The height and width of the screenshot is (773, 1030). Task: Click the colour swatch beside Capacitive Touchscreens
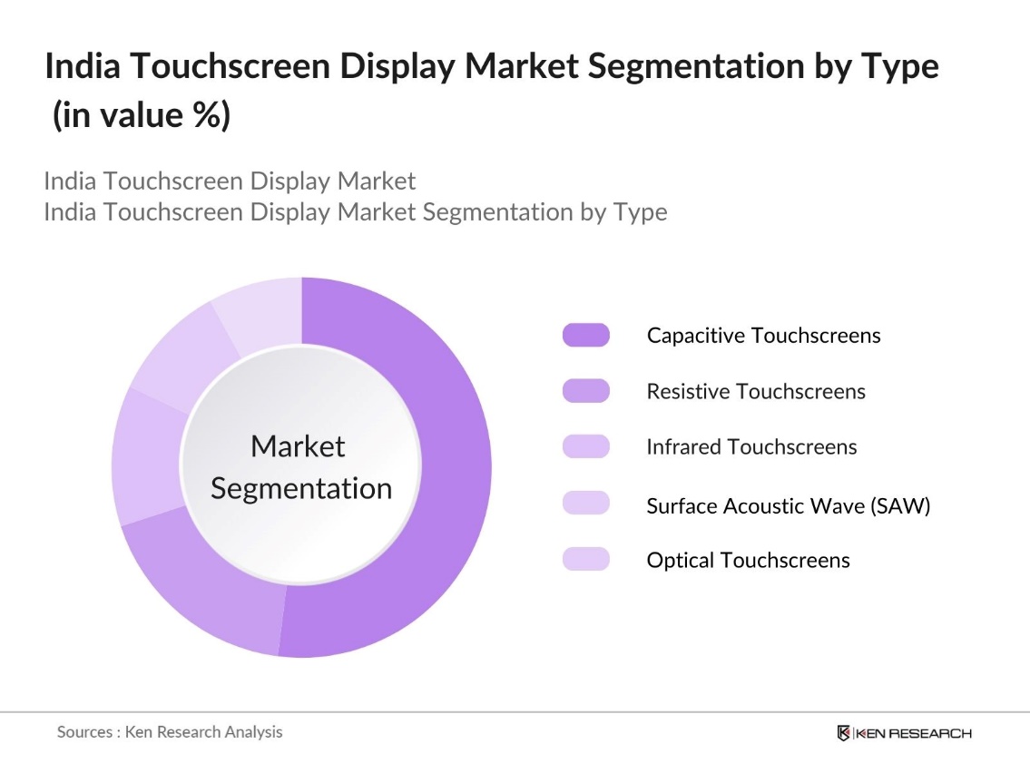pyautogui.click(x=585, y=336)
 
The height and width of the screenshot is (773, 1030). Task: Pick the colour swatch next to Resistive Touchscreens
pyautogui.click(x=585, y=391)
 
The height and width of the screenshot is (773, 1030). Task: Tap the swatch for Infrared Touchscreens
pyautogui.click(x=585, y=447)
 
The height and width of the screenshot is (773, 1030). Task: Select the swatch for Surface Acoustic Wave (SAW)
pyautogui.click(x=585, y=504)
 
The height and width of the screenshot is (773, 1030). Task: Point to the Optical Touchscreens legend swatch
pyautogui.click(x=585, y=560)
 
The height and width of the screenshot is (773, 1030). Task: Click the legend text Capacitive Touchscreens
pyautogui.click(x=763, y=336)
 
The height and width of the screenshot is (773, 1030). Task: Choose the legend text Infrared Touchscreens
pyautogui.click(x=751, y=447)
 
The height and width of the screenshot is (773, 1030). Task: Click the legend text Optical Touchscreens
pyautogui.click(x=748, y=561)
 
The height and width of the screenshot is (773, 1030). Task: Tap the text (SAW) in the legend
pyautogui.click(x=900, y=506)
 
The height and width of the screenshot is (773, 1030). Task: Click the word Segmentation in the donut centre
pyautogui.click(x=301, y=489)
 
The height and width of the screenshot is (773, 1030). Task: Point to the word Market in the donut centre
pyautogui.click(x=298, y=446)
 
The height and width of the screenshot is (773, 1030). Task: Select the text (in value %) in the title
pyautogui.click(x=141, y=116)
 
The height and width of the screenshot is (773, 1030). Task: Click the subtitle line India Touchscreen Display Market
pyautogui.click(x=230, y=181)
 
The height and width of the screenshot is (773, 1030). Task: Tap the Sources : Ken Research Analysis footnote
pyautogui.click(x=170, y=731)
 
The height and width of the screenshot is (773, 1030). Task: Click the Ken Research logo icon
pyautogui.click(x=844, y=733)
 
